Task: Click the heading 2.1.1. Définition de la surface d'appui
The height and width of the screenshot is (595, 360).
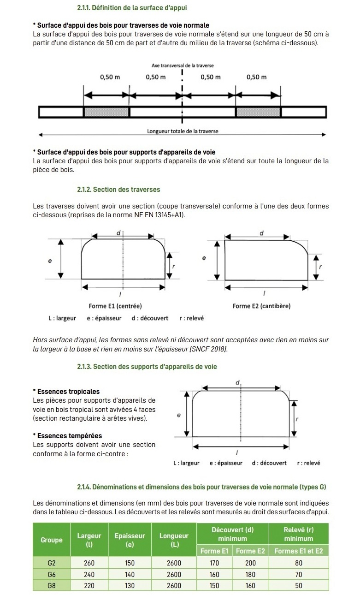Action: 132,8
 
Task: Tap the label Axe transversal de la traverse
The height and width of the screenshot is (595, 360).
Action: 183,65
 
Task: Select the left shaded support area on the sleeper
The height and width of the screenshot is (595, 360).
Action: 106,112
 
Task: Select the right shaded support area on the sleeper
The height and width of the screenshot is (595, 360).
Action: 258,112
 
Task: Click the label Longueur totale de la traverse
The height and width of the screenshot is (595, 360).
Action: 183,131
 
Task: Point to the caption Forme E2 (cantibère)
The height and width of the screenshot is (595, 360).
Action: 261,306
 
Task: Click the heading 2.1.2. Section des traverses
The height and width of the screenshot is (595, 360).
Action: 118,190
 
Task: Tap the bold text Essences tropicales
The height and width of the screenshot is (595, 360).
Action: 68,392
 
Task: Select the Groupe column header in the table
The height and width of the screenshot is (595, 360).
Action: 52,540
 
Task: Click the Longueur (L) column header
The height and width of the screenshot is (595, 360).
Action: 174,540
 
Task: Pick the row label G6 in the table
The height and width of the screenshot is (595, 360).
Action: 52,574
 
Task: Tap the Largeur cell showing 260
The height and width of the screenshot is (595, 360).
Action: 89,563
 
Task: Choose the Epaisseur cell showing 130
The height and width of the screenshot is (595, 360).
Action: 130,586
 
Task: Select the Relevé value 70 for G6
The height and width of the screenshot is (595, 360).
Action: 299,574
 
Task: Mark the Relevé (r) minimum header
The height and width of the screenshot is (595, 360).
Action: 299,534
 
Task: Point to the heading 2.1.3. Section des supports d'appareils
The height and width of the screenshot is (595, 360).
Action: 147,367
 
